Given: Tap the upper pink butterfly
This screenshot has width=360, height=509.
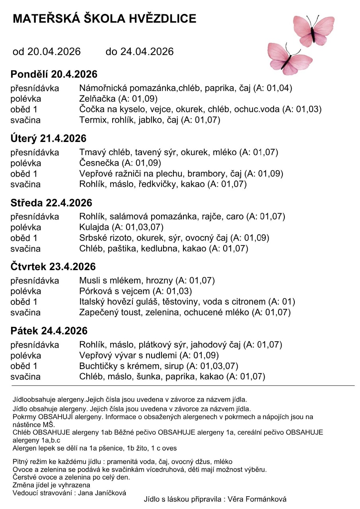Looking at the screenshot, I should [314, 30].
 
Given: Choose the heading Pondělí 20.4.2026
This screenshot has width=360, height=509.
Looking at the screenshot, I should [54, 74].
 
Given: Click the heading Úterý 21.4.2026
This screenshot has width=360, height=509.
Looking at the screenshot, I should [48, 139].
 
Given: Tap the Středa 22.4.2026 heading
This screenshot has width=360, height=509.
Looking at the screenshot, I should [51, 203].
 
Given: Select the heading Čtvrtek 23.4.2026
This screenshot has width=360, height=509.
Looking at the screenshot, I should [53, 266].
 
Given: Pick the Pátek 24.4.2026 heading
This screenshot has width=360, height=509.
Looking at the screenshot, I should [49, 331].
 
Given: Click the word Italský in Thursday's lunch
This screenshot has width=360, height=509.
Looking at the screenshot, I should [93, 302].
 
